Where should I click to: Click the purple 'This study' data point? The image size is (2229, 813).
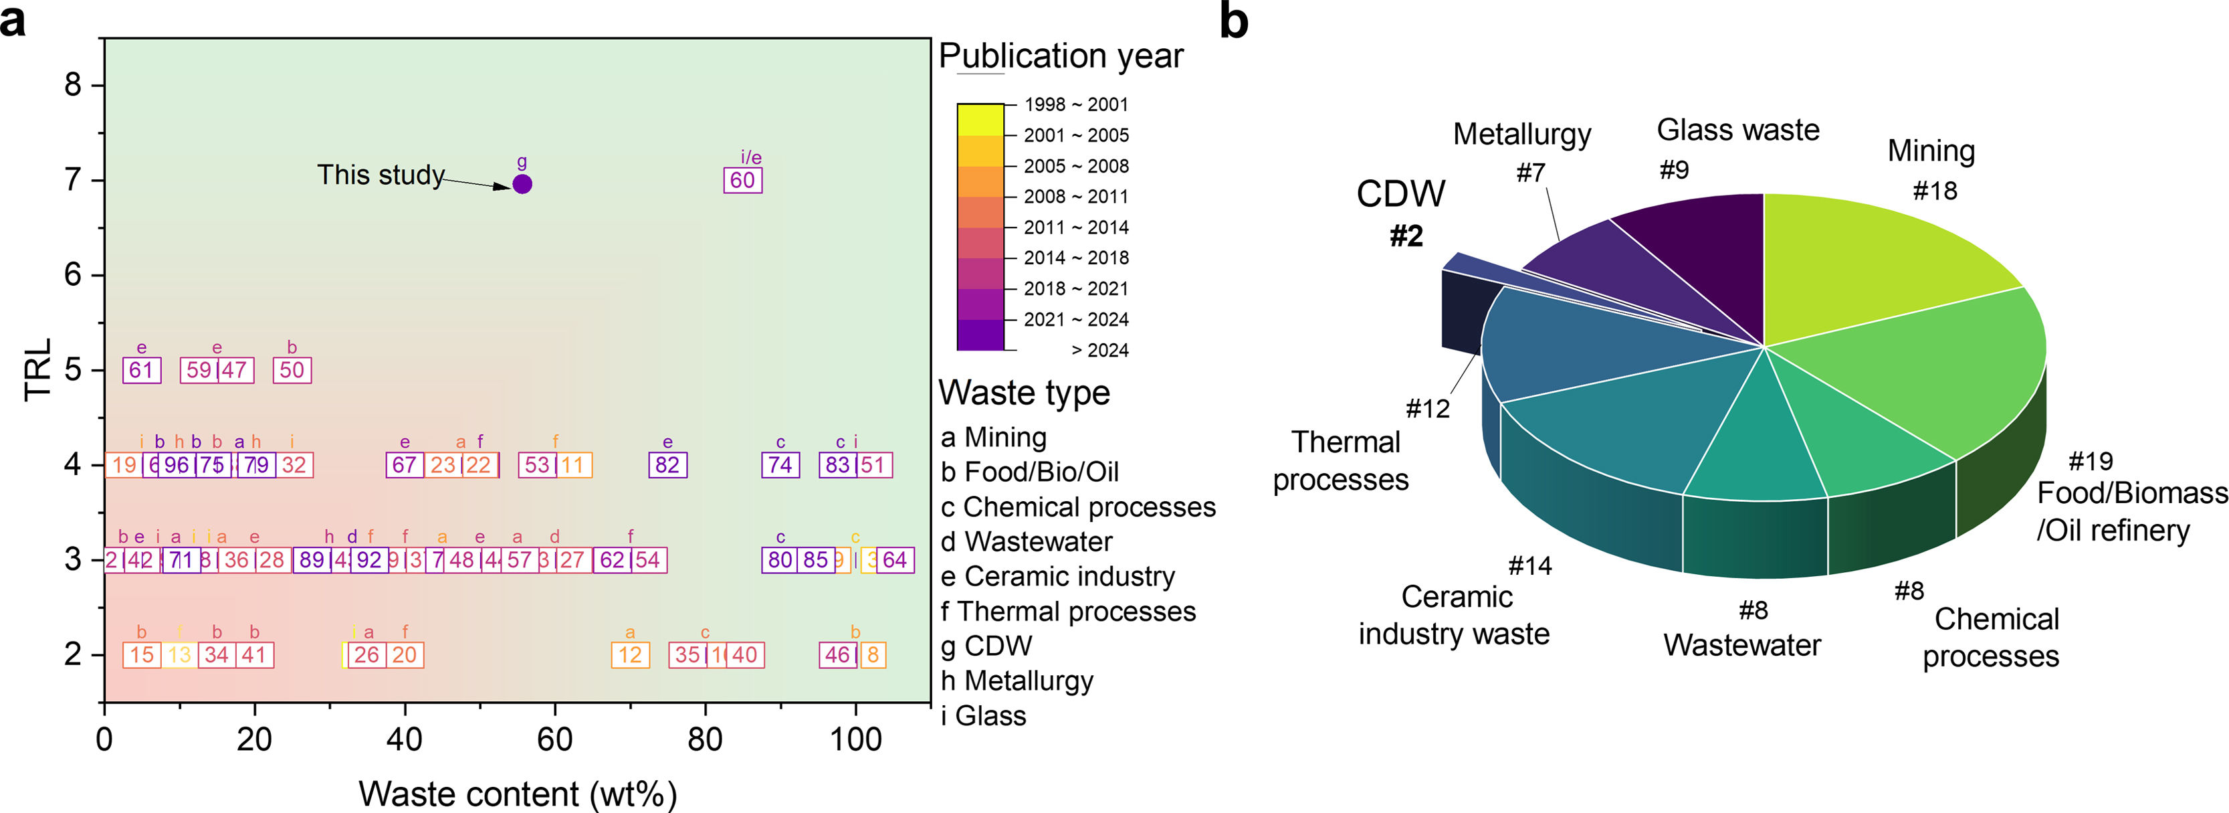(x=522, y=183)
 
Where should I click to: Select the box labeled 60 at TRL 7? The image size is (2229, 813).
(x=742, y=180)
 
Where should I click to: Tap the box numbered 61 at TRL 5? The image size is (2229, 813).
(x=141, y=370)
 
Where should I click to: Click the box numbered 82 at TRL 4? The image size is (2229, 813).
(x=667, y=465)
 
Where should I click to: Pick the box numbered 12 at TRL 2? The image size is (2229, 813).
(x=630, y=654)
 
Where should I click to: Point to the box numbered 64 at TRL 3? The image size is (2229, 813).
(x=895, y=559)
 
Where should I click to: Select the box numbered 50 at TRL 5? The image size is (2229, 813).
(x=292, y=370)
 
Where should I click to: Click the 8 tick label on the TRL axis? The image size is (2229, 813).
(x=74, y=85)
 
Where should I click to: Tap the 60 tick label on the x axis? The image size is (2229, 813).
(x=554, y=739)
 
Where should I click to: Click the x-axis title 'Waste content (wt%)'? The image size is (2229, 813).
(x=518, y=793)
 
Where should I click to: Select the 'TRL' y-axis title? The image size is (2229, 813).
(x=39, y=370)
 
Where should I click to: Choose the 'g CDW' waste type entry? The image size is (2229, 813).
(x=987, y=646)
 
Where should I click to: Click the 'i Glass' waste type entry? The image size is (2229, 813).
(x=984, y=716)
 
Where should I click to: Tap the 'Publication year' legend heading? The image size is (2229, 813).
(x=1061, y=56)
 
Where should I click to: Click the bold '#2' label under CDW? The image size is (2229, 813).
(x=1406, y=236)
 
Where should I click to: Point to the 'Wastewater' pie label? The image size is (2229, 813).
(x=1742, y=645)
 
